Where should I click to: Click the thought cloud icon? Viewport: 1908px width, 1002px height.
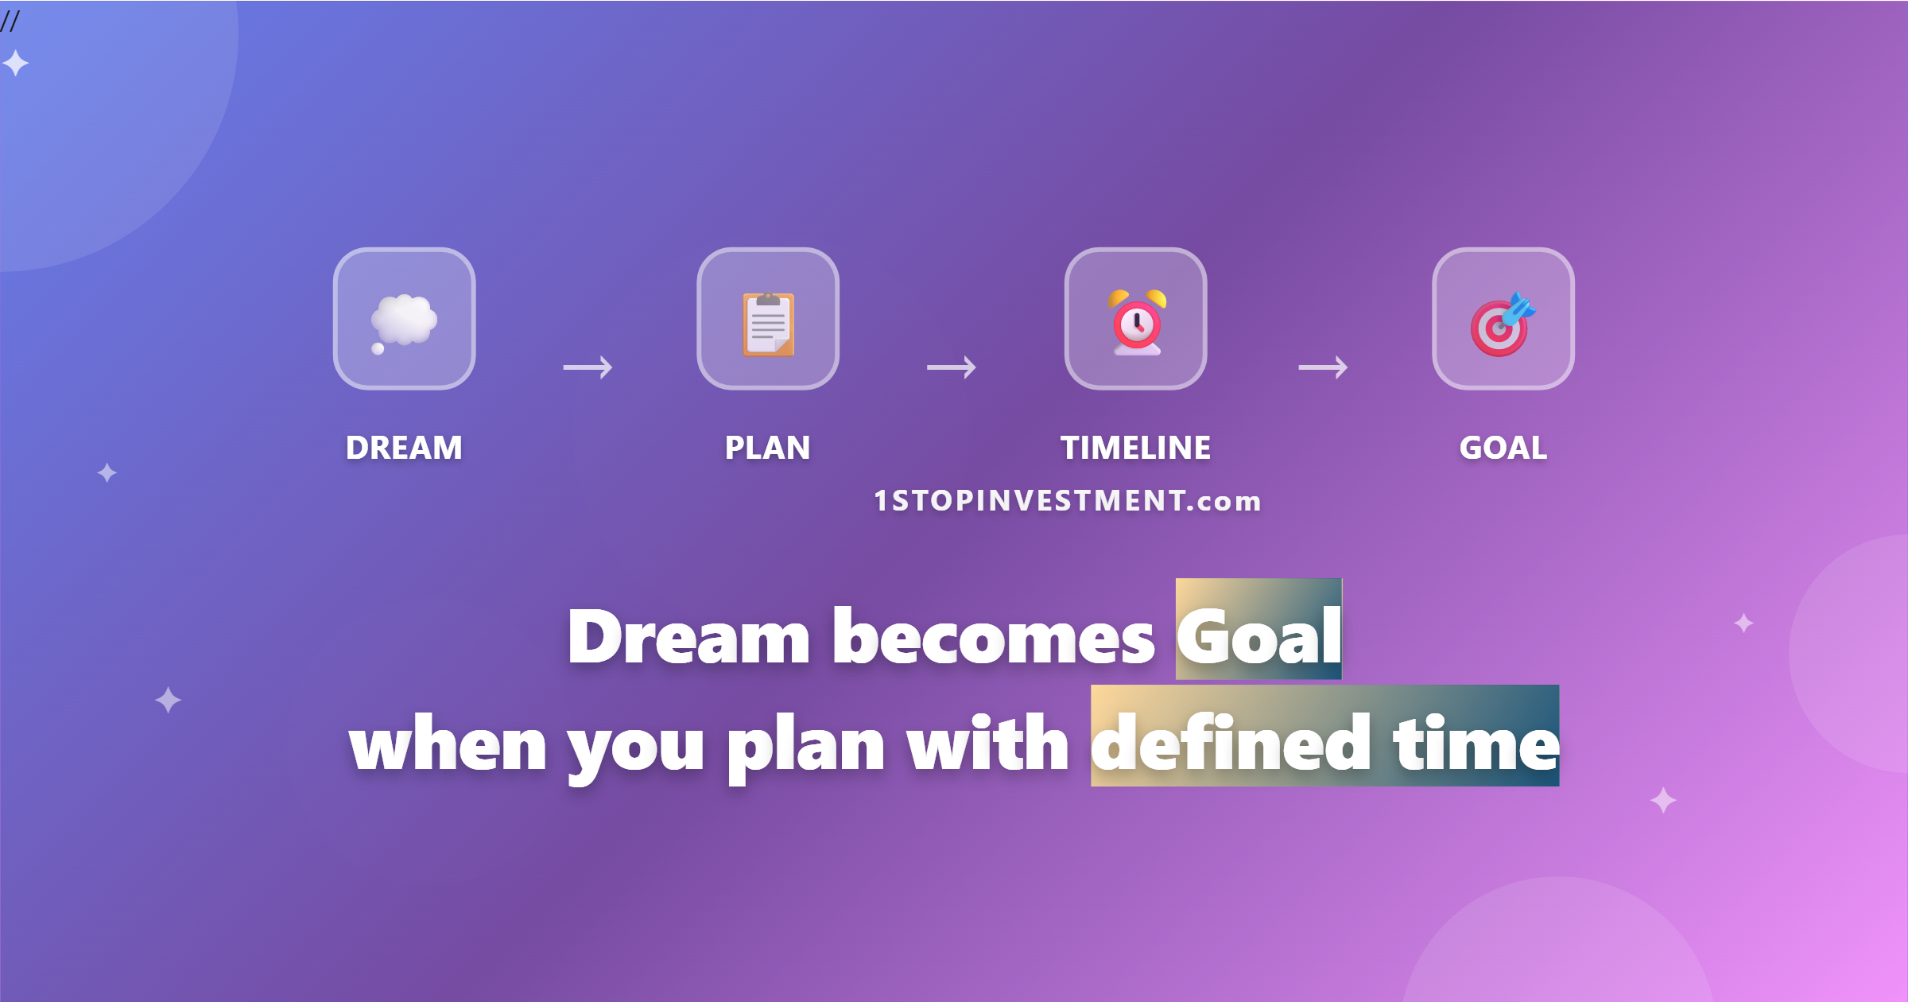404,322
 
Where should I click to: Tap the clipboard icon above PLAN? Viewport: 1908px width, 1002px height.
768,324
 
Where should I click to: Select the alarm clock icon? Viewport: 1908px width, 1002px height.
1137,322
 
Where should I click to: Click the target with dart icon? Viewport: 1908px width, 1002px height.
1503,324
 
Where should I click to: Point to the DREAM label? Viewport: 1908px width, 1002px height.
404,448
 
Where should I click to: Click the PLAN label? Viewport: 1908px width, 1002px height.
768,448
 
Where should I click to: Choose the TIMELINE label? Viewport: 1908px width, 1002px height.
1136,448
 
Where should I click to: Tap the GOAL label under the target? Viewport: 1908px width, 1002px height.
1503,448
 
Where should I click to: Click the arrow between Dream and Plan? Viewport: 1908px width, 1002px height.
588,367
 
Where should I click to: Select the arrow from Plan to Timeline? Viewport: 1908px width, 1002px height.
952,367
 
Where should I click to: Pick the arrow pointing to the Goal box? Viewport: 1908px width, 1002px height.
1323,367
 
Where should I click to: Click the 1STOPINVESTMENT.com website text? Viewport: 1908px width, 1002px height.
1068,501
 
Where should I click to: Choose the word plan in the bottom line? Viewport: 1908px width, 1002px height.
806,748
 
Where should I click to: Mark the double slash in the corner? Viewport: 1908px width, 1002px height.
10,21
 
